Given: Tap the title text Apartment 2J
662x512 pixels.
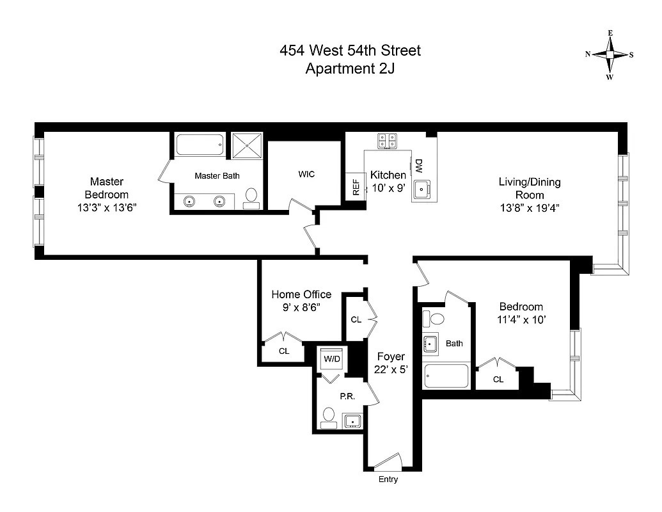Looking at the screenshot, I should [x=350, y=68].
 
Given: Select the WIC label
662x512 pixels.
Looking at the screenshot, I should [x=306, y=174].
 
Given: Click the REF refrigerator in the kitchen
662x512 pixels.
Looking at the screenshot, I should [x=356, y=187].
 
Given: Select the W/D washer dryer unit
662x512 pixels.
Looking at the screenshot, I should [x=332, y=359].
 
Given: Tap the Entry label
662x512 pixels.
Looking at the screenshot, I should [x=388, y=479].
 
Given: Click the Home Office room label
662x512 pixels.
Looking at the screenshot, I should [x=301, y=294].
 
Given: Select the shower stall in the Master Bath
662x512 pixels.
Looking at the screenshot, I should [x=246, y=145].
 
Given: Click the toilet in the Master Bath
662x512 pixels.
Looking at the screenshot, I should [x=251, y=195].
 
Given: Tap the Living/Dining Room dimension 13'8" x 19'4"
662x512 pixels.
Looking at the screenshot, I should [x=530, y=207].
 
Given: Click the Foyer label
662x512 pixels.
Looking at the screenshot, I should [x=391, y=356].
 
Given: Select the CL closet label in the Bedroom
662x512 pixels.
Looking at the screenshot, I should [x=498, y=380].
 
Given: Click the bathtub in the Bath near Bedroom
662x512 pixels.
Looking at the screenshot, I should [x=446, y=376].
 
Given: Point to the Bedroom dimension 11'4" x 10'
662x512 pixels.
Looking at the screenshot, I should [x=521, y=319].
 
